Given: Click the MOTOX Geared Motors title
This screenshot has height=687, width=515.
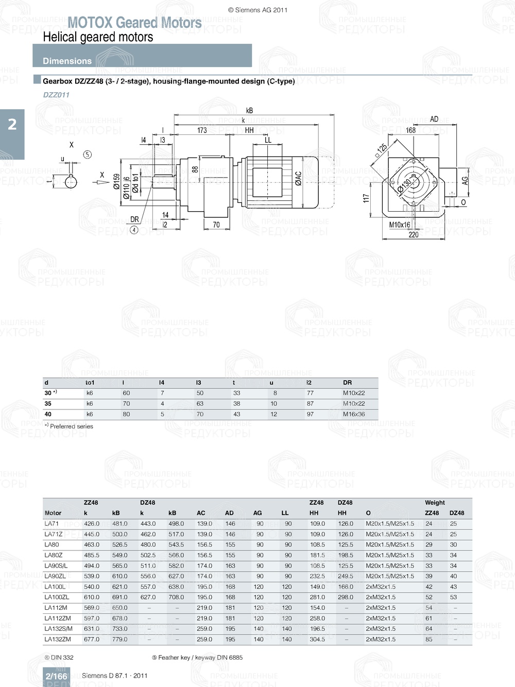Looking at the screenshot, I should click(134, 23).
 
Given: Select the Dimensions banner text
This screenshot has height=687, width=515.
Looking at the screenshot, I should click(67, 61).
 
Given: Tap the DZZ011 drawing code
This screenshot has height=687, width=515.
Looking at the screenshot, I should click(56, 95).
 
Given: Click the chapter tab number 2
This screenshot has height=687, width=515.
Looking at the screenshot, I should click(12, 125).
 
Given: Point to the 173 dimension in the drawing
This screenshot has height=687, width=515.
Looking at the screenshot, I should click(202, 130).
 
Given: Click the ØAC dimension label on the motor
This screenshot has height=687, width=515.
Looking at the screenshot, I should click(298, 178).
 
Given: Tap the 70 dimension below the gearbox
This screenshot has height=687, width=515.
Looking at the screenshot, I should click(216, 225).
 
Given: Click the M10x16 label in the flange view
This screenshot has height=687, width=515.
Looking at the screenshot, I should click(400, 225).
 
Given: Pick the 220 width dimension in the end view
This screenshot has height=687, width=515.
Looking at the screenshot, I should click(414, 235).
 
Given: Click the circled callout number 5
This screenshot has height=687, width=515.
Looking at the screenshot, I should click(88, 154).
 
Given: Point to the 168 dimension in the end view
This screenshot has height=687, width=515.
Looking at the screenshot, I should click(410, 130).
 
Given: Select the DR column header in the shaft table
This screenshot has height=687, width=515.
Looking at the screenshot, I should click(348, 383).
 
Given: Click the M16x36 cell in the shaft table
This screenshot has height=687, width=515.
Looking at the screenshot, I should click(354, 414).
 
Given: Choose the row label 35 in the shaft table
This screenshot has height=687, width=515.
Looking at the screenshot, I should click(48, 404).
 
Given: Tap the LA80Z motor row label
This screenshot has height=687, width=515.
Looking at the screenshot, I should click(54, 555).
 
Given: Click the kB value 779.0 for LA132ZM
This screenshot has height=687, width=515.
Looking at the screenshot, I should click(119, 639).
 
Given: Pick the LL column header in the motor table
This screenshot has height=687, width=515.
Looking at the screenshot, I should click(285, 513).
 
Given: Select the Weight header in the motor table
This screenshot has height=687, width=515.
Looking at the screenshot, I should click(435, 503).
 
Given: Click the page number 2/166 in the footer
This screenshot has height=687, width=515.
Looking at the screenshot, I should click(56, 676).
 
